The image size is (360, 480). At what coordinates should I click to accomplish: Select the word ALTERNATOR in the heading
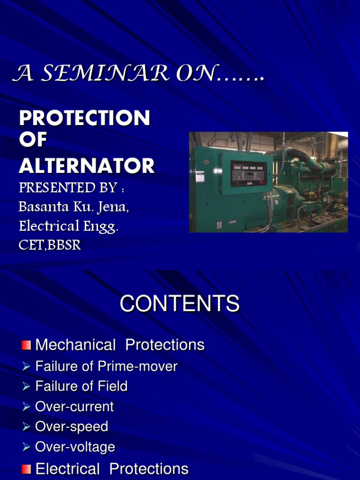tap(87, 166)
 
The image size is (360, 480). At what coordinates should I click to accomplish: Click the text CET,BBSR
tap(50, 245)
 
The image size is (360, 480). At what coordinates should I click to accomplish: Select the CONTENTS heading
tap(180, 304)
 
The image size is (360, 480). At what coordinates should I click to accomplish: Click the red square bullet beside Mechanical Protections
tap(26, 345)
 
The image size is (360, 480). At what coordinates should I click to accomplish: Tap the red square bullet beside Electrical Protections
tap(26, 469)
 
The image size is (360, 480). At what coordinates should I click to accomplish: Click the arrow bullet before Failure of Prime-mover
tap(26, 367)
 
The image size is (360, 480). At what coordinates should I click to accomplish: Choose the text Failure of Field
tap(81, 386)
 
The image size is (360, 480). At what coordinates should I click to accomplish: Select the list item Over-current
tap(75, 406)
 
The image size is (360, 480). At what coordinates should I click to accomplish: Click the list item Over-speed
tap(72, 427)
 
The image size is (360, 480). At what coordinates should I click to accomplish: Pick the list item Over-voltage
tap(75, 447)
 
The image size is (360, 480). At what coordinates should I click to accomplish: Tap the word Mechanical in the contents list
tap(75, 345)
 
